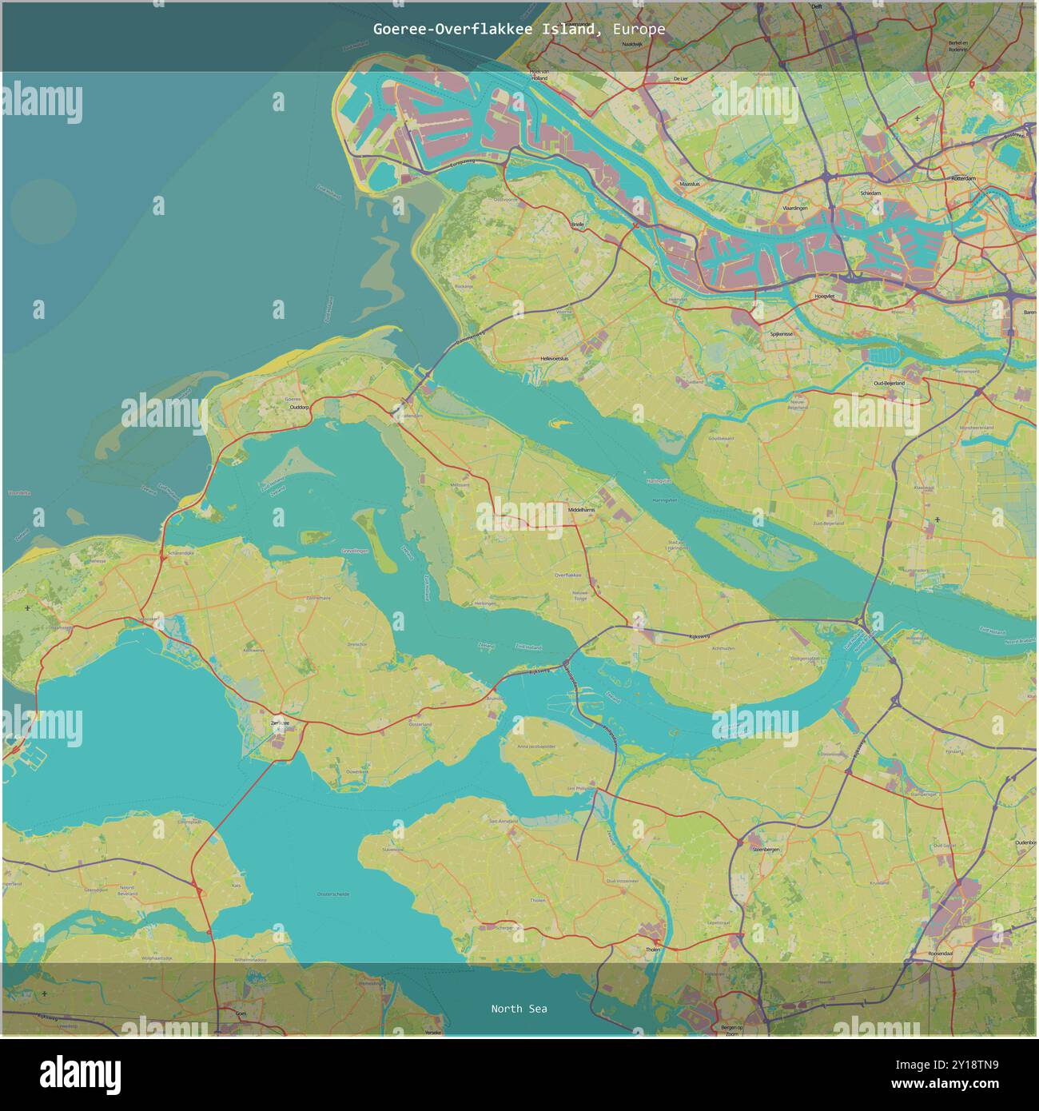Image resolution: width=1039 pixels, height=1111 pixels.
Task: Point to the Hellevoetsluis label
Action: point(555,359)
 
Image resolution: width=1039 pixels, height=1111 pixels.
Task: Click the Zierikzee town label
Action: point(279,723)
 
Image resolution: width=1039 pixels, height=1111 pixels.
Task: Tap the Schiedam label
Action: point(870,193)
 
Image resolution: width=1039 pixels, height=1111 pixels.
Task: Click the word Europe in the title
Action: point(639,29)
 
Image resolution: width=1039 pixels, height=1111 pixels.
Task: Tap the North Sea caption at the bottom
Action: point(519,1009)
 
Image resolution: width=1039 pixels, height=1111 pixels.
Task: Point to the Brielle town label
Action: point(578,225)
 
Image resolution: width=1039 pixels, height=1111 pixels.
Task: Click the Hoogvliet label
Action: point(823,296)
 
